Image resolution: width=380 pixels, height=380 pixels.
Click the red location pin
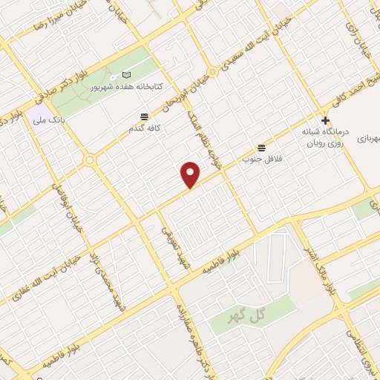point(191,174)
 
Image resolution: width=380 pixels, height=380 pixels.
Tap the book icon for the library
point(125,76)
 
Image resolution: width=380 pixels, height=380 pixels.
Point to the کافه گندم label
point(143,128)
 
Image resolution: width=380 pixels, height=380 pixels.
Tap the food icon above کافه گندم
point(143,117)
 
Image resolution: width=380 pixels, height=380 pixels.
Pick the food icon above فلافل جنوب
point(260,148)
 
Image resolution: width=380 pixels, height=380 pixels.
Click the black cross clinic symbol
point(325,120)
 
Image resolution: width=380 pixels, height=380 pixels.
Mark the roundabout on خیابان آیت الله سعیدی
point(213,72)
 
